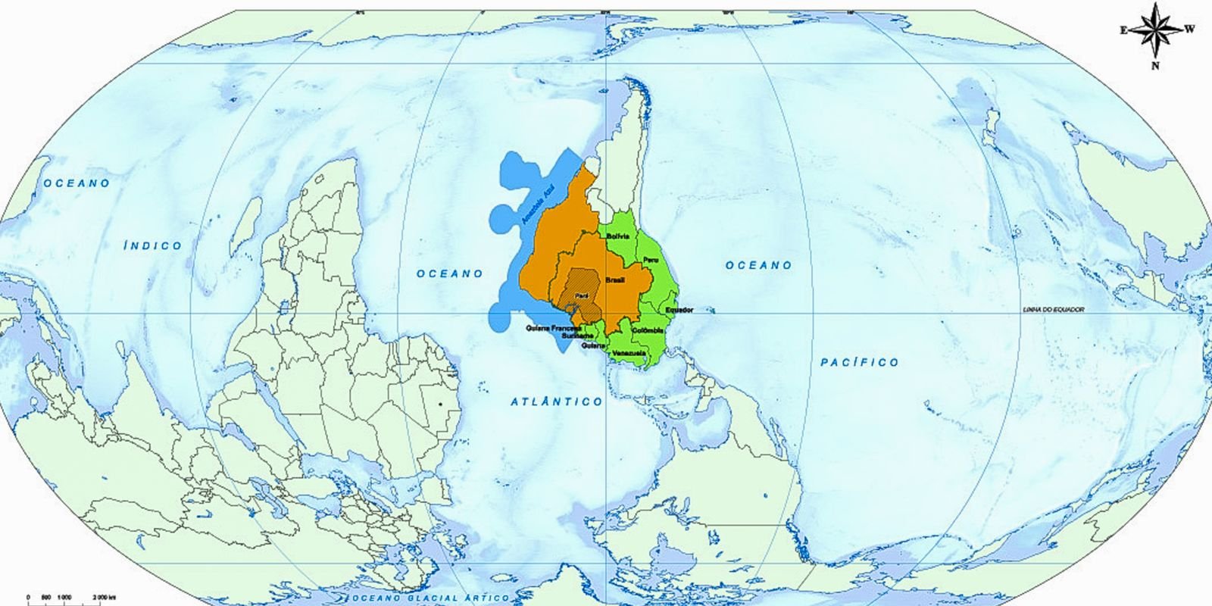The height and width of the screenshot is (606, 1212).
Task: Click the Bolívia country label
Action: click(x=618, y=236)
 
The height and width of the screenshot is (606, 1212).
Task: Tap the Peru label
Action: click(x=650, y=260)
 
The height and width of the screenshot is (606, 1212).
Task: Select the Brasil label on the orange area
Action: click(x=615, y=280)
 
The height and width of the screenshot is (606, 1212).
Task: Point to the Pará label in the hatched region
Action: click(x=582, y=295)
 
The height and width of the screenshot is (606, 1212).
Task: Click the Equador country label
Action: click(x=679, y=310)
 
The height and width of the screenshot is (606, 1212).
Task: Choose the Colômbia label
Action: click(x=648, y=331)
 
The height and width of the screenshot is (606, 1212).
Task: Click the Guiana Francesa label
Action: click(x=553, y=329)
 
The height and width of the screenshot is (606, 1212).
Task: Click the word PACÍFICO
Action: click(x=860, y=363)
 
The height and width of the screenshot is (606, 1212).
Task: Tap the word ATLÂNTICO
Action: click(x=556, y=401)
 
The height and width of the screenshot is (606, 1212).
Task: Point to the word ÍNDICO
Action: click(x=153, y=245)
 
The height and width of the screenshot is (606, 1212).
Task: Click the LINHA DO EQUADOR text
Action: click(x=1053, y=310)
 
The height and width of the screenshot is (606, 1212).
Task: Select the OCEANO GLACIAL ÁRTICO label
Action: click(x=429, y=598)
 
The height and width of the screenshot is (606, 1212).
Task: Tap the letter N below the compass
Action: click(x=1156, y=66)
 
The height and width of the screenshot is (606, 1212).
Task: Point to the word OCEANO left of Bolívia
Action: click(x=450, y=273)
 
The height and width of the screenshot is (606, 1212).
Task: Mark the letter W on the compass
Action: click(x=1190, y=30)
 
